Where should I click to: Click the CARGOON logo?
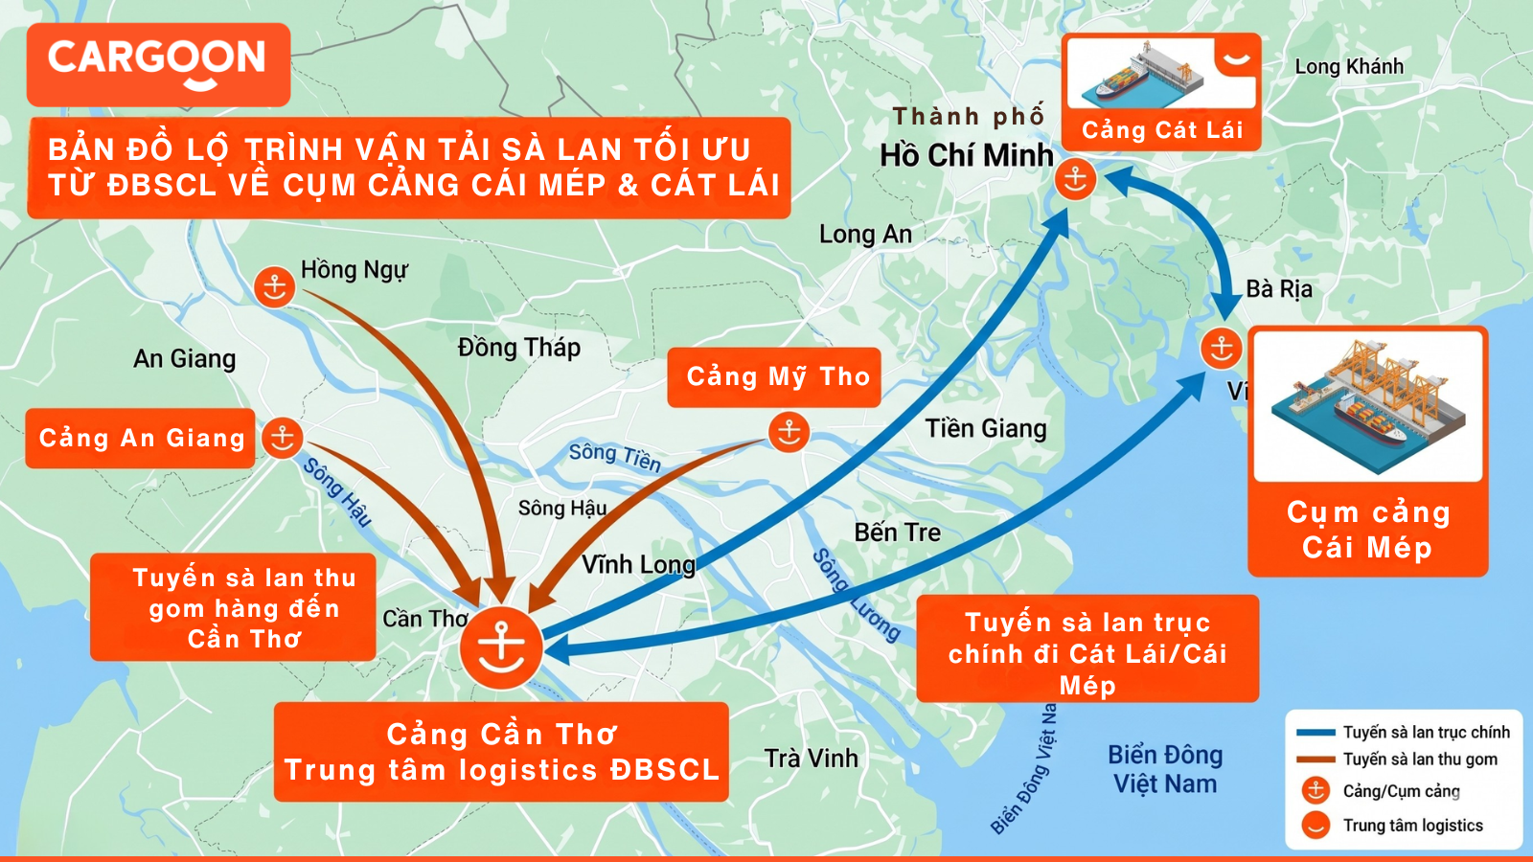158,63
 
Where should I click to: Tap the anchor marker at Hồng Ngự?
274,286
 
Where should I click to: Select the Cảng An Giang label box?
140,439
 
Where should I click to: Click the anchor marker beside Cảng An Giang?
283,438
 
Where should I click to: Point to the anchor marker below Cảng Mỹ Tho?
789,432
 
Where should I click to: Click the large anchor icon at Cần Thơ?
501,646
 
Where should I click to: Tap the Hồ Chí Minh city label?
966,155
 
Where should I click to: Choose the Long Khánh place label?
1349,67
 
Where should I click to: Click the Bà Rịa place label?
1279,289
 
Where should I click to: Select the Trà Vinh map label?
812,759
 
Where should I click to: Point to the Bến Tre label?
898,533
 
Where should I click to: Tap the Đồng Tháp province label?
519,348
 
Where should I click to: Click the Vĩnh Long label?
639,564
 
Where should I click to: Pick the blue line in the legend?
1316,733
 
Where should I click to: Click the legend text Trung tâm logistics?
1412,826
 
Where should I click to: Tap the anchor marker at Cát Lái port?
1075,179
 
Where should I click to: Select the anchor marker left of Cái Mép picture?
1222,348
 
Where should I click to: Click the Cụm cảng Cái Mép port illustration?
1368,406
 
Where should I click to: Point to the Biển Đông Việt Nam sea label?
1165,770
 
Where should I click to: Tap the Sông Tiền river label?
615,457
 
